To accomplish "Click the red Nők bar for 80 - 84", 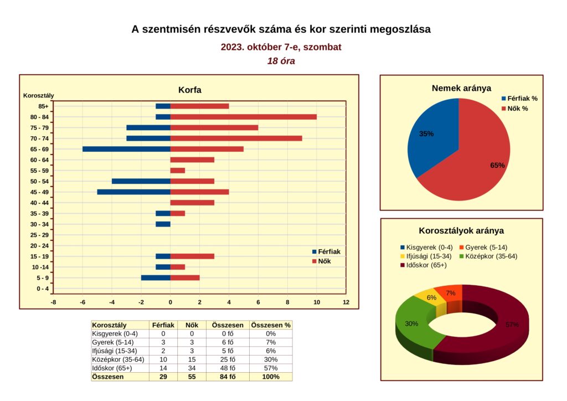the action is [244, 117].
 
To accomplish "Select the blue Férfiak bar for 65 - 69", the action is [127, 149].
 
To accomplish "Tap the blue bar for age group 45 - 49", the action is [134, 192].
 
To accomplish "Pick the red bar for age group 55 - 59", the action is [178, 171].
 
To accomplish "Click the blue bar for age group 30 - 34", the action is [163, 224].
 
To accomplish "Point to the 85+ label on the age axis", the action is [43, 106].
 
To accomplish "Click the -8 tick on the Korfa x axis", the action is [53, 302].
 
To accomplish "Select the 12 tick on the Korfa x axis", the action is [346, 302].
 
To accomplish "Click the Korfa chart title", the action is [190, 90].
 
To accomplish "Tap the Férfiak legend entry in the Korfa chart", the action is [326, 251].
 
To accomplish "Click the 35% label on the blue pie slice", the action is [426, 134].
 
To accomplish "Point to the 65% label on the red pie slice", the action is [497, 165].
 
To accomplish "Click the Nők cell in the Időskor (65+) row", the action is [192, 368].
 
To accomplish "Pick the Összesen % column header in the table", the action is [271, 325].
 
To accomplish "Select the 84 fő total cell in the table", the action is [228, 377].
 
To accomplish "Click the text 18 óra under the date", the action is [281, 61].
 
